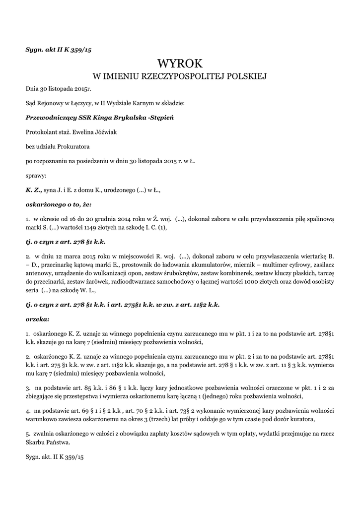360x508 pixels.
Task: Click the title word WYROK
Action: coord(180,63)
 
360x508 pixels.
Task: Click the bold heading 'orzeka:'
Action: coord(37,318)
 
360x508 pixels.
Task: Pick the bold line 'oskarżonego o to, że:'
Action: coord(59,204)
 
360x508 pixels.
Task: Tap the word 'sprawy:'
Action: coord(36,175)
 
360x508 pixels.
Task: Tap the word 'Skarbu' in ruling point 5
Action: coord(37,443)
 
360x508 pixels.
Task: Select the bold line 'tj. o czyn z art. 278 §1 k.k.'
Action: coord(66,242)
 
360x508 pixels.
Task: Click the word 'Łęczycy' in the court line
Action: coord(72,103)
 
